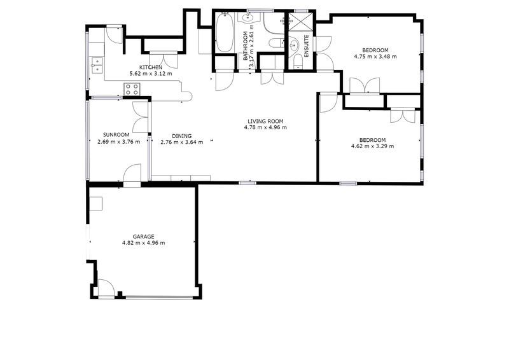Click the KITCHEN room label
pos(151,67)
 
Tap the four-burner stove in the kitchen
pos(132,89)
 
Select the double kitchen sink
pos(97,65)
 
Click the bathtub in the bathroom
pos(225,32)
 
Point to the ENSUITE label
pos(307,46)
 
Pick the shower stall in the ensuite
pos(301,22)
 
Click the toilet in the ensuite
pos(298,62)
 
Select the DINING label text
pos(182,136)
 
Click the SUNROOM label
pos(116,135)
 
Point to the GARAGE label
pos(144,237)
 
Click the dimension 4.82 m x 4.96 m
pos(144,243)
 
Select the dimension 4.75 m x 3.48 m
pos(375,57)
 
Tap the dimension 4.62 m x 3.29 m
pos(373,146)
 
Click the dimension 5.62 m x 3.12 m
pos(151,74)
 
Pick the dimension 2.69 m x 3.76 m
pos(119,142)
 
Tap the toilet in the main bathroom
pos(276,43)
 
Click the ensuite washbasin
pos(295,45)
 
